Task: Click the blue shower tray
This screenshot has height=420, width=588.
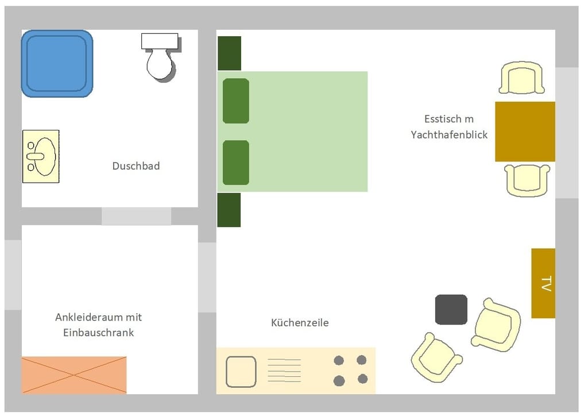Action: (x=57, y=63)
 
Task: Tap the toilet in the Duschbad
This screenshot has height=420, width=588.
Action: (x=161, y=57)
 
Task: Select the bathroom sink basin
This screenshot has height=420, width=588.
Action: (x=41, y=156)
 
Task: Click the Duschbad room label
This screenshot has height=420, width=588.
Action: (x=136, y=166)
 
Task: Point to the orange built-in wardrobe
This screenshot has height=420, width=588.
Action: (x=74, y=375)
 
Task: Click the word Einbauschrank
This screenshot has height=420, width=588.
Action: (x=99, y=333)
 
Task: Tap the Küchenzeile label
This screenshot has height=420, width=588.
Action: (x=300, y=322)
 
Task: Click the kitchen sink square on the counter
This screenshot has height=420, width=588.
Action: (x=241, y=372)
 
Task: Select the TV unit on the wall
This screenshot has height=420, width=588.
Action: (x=543, y=283)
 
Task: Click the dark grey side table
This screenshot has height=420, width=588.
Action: (x=451, y=309)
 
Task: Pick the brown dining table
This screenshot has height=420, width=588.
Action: (x=525, y=132)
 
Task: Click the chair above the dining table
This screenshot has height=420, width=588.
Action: (x=521, y=78)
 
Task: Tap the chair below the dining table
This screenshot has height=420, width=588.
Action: (x=527, y=180)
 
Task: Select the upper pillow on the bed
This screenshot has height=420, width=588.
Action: (x=236, y=101)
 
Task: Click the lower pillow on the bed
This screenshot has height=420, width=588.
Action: (x=236, y=163)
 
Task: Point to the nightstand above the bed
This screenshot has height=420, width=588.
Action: (x=230, y=53)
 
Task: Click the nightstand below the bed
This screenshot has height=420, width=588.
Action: (x=229, y=210)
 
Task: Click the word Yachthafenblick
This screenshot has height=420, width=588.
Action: (x=449, y=135)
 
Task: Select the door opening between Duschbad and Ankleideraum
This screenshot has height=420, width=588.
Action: (x=137, y=216)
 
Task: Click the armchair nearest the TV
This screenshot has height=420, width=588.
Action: (x=496, y=325)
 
